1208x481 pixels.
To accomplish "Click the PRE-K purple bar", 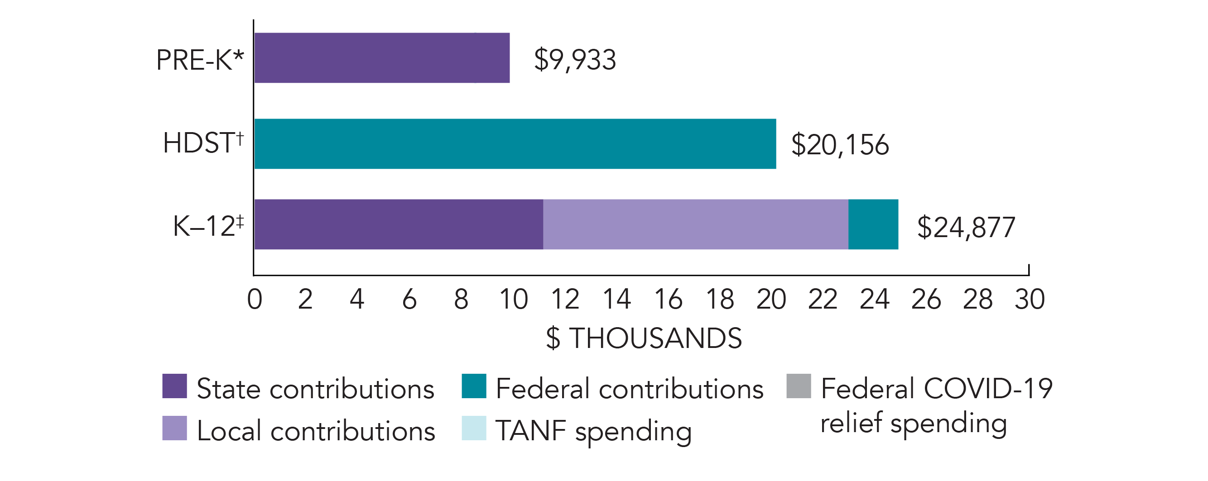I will [x=382, y=57].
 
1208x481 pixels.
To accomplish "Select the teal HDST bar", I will [x=515, y=144].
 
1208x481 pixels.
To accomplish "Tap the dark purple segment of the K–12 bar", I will [x=399, y=224].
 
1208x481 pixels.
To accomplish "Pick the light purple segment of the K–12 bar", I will [x=695, y=224].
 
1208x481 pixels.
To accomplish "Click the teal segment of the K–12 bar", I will [x=873, y=224].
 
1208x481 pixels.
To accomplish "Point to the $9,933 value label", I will [x=575, y=59].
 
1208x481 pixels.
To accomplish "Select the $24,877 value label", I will [x=966, y=227].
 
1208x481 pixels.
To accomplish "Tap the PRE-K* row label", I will [x=200, y=60].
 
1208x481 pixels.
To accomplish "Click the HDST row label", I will [x=203, y=143].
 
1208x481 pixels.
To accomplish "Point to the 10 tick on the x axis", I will [x=514, y=299].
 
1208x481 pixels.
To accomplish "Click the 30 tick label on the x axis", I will [x=1030, y=299].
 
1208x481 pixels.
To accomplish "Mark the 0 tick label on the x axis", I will [x=255, y=299].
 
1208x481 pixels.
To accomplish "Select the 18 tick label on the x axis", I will [x=720, y=299].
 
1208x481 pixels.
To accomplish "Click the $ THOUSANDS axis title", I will [x=644, y=338].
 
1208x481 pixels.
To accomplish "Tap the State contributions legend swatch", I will [x=174, y=386].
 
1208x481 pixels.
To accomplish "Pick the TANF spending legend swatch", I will [x=474, y=428].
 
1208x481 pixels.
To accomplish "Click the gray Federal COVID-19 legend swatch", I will [x=799, y=386].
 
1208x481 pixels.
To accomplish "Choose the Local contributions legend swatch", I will [x=174, y=428].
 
